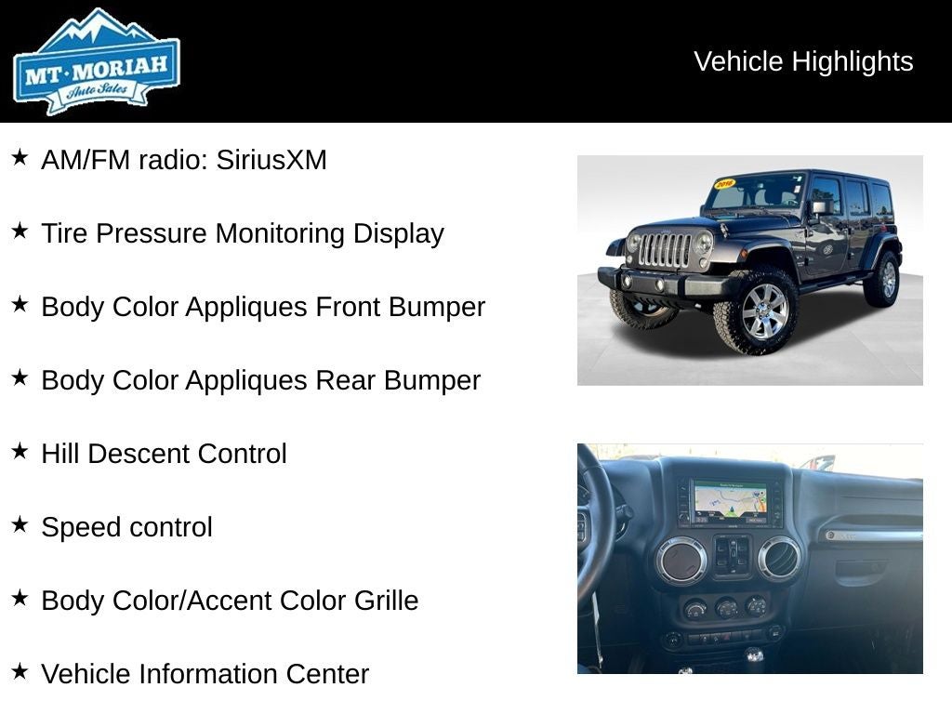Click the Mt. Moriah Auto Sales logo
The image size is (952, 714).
pyautogui.click(x=96, y=62)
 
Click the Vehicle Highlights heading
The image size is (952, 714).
pyautogui.click(x=803, y=61)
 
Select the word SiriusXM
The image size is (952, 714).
pyautogui.click(x=271, y=160)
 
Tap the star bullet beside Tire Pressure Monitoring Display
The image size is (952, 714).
pyautogui.click(x=20, y=231)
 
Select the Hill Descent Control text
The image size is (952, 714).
pyautogui.click(x=164, y=454)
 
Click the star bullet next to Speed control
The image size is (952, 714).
pyautogui.click(x=20, y=525)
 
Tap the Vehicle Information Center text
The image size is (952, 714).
pyautogui.click(x=205, y=674)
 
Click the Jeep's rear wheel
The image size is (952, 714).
pyautogui.click(x=883, y=279)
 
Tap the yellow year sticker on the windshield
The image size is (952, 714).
pyautogui.click(x=724, y=184)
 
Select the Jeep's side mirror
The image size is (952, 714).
pyautogui.click(x=819, y=208)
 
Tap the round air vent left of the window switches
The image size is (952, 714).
pyautogui.click(x=681, y=560)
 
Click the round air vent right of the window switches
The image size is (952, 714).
pyautogui.click(x=779, y=558)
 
